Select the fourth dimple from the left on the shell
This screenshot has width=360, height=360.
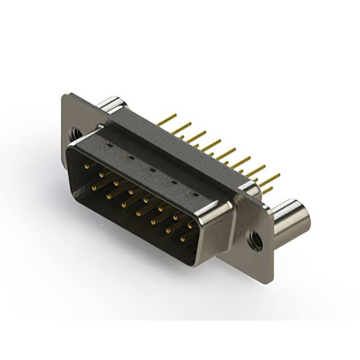coord(173,182)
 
